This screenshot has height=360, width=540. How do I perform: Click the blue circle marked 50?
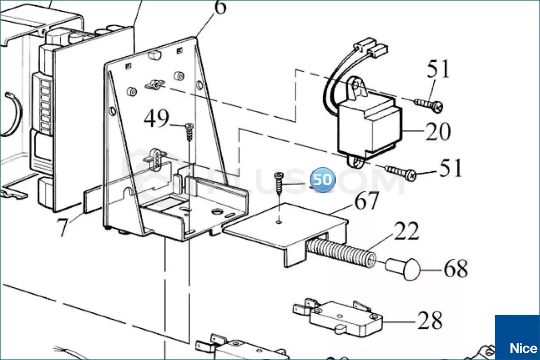tap(322, 181)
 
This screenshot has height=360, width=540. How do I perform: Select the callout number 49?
tap(156, 119)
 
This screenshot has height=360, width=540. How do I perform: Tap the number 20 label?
tap(438, 132)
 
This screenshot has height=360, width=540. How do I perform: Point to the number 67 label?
tap(367, 201)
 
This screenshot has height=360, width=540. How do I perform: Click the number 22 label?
tap(407, 232)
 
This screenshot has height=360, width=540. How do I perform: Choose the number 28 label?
tap(430, 321)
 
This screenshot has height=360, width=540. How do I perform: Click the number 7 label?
tap(62, 228)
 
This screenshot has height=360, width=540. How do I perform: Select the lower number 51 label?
tap(451, 169)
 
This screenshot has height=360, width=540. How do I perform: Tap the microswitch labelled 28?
tap(339, 315)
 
